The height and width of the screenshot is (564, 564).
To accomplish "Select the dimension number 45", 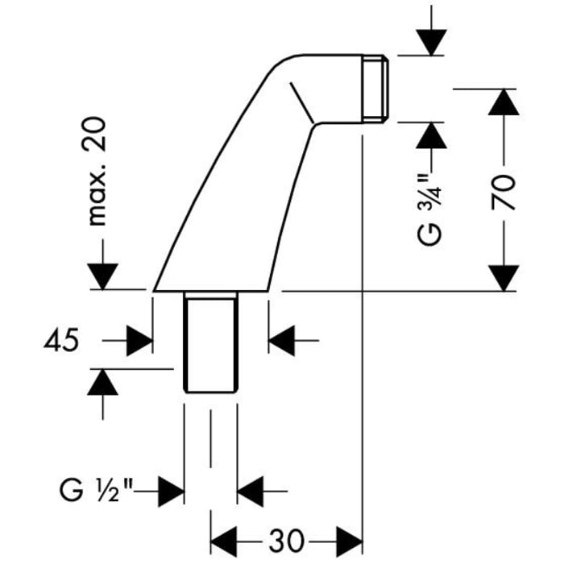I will click(63, 341).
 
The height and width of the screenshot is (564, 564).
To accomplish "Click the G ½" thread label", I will click(95, 489).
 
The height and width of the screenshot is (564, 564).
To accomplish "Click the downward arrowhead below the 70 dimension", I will click(504, 278).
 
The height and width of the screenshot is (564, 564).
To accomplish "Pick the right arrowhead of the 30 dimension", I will click(346, 537).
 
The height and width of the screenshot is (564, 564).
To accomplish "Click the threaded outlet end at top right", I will click(377, 89).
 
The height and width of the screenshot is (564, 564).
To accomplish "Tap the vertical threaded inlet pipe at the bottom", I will click(210, 342).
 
